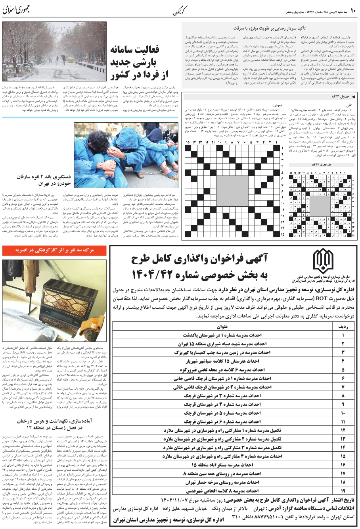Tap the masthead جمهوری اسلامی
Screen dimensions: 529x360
16,11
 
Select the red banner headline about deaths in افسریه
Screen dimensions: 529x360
54,250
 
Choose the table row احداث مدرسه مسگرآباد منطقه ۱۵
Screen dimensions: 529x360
222,464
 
